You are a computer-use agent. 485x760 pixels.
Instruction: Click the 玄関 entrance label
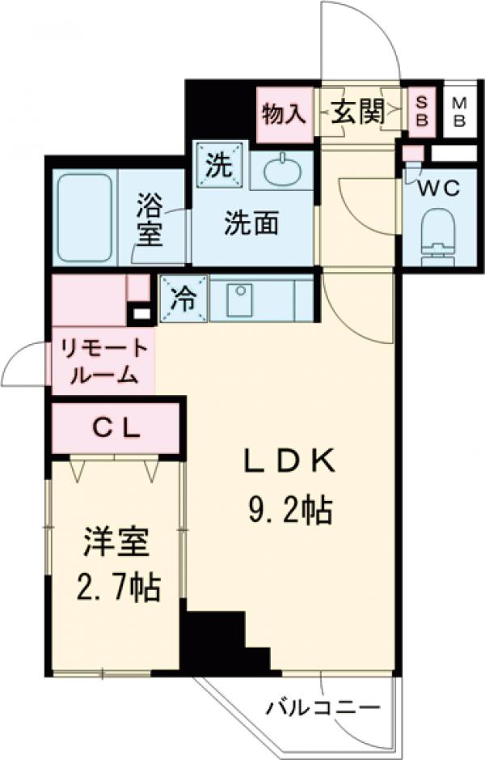coord(356,113)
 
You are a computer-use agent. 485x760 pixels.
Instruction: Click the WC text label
coord(439,189)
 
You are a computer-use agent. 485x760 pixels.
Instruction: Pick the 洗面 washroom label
coord(251,224)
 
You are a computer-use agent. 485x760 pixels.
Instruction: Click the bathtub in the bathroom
coord(84,216)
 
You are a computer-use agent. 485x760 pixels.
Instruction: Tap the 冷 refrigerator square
coord(183,298)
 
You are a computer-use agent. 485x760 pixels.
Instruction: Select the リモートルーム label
coord(102,362)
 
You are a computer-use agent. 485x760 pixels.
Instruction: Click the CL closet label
coord(116,427)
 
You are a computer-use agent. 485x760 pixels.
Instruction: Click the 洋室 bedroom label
coord(116,541)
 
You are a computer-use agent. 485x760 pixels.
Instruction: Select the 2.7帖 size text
coord(116,587)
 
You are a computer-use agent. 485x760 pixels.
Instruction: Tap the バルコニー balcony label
coord(323,708)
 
